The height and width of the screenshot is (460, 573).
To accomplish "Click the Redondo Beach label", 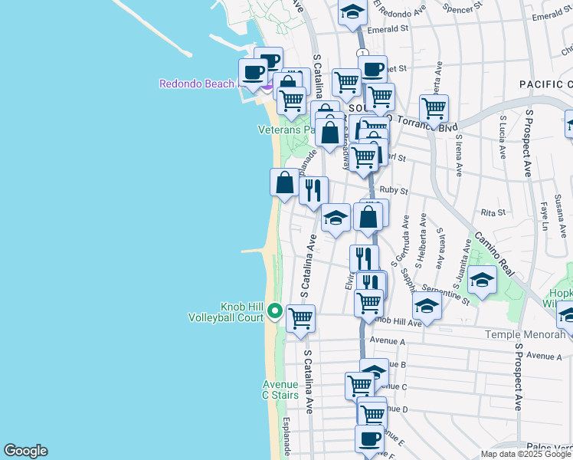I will click(196, 84).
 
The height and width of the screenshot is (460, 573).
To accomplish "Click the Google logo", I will click(25, 451).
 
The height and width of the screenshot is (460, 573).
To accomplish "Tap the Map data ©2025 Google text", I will click(526, 454).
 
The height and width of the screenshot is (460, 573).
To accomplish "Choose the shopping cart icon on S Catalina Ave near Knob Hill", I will click(301, 317).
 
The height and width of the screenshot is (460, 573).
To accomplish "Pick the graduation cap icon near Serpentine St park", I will click(482, 280).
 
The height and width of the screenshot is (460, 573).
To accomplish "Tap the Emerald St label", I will click(388, 28).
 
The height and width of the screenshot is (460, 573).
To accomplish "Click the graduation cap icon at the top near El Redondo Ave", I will click(352, 12).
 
